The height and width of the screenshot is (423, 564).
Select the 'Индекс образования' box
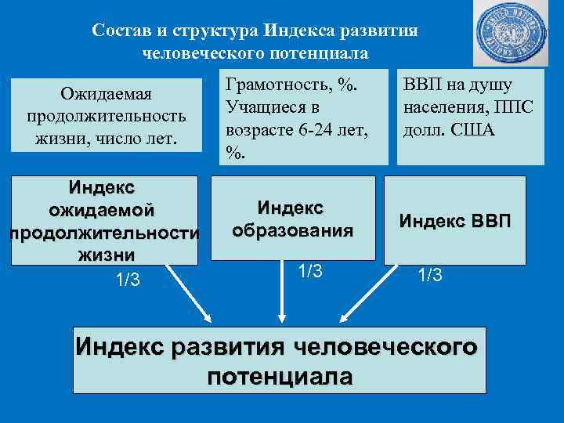click(292, 220)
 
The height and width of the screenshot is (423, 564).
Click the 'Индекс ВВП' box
click(454, 220)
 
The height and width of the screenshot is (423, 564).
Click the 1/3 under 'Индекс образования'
click(310, 270)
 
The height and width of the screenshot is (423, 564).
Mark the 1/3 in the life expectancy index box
click(126, 279)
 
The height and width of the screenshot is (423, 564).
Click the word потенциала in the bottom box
click(280, 375)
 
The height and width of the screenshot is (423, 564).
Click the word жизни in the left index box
click(106, 255)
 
